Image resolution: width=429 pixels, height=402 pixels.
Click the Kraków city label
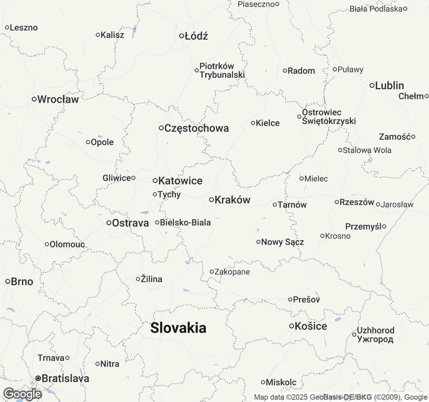232,200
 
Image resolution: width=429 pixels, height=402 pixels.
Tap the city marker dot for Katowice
155,181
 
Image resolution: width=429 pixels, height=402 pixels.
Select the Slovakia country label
178,328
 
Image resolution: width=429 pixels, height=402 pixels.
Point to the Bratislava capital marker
39,378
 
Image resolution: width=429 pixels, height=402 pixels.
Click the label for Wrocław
58,99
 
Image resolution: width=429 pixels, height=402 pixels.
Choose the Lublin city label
389,85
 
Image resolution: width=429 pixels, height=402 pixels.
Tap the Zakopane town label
232,272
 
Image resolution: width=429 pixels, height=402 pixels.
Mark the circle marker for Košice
292,326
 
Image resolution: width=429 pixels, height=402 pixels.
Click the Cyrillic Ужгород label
375,339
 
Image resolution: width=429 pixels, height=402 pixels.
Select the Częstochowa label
197,128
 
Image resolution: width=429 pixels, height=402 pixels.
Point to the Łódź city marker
182,36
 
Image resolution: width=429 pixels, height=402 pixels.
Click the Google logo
22,394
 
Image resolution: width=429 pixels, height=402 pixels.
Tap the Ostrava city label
130,223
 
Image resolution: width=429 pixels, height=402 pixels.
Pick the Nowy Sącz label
283,242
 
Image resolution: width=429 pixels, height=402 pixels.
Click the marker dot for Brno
8,281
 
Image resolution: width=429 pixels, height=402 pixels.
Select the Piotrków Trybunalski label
222,70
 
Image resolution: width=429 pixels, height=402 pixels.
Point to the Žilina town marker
138,279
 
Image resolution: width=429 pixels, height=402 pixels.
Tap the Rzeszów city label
357,202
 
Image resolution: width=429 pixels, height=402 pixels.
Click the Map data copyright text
341,397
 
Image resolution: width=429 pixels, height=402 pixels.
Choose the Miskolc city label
281,382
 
